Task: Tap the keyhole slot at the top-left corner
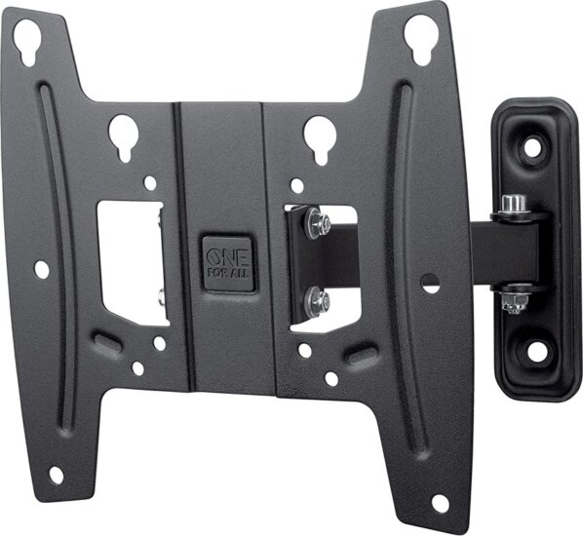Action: tap(26, 42)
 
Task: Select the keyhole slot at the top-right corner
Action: tap(418, 38)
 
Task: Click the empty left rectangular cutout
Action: tap(133, 260)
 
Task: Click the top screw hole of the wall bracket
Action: tap(530, 147)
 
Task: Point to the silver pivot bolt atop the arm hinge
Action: tap(514, 205)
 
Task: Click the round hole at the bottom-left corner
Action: tap(56, 475)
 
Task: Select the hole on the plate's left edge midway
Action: tap(41, 266)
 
